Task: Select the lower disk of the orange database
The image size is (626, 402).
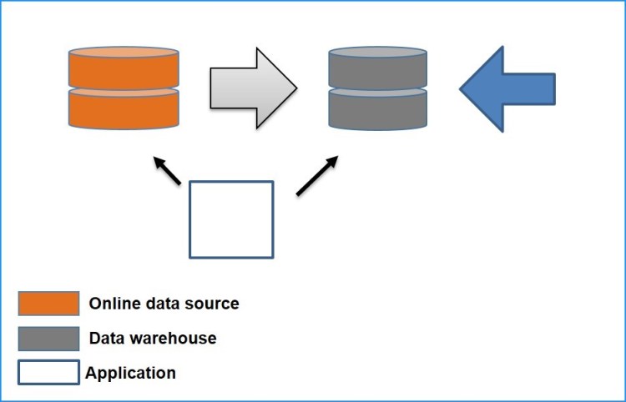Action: [124, 108]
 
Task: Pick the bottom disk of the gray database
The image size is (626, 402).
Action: [378, 108]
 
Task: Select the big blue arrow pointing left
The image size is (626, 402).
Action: [511, 88]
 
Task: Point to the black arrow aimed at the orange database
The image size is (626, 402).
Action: [166, 170]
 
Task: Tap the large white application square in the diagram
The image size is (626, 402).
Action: [231, 219]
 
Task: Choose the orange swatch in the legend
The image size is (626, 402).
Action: [48, 304]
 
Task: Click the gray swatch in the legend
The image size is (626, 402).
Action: [48, 338]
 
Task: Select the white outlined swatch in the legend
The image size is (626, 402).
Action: [48, 372]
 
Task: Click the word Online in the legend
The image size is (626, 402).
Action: [114, 304]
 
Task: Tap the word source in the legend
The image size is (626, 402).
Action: [213, 304]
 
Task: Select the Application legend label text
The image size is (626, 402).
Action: [130, 373]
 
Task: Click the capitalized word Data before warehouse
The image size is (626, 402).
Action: [106, 338]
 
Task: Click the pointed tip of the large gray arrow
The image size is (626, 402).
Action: [295, 88]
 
